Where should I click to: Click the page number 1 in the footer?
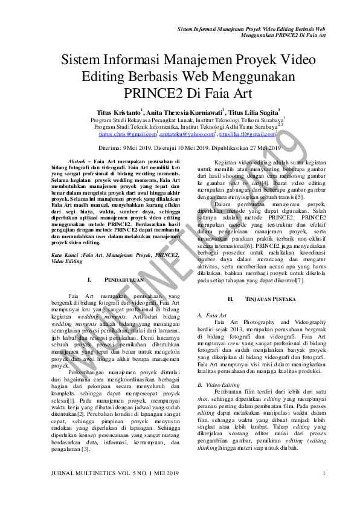click(x=324, y=489)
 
